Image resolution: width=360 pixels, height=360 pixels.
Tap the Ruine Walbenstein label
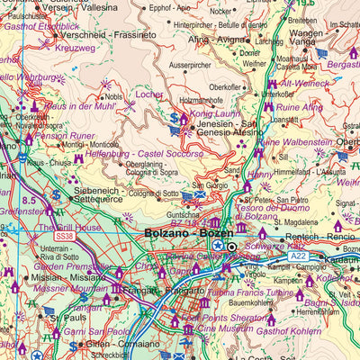click(x=305, y=142)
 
